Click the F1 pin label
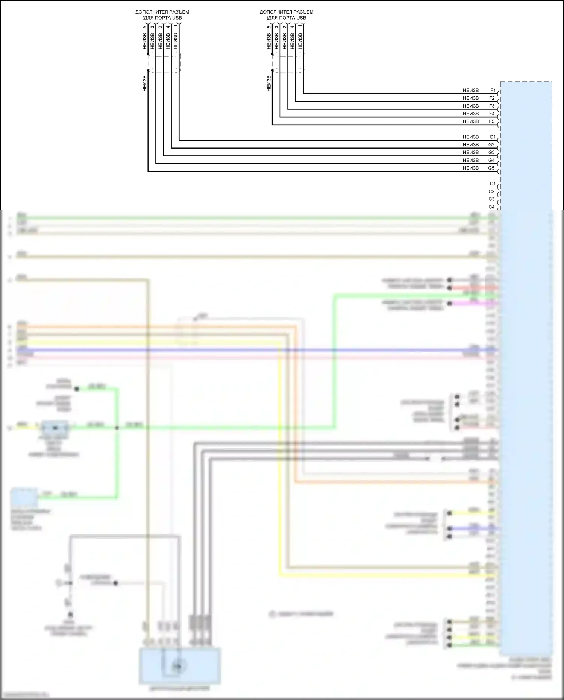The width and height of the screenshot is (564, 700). coord(493,91)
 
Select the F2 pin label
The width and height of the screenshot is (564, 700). coord(492,98)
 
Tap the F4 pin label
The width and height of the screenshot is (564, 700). coord(492,114)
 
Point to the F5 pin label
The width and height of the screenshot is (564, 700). coord(492,121)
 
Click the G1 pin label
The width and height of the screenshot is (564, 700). coord(493,137)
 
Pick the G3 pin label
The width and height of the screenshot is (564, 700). coord(491,152)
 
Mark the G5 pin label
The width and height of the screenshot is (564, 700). coord(491,168)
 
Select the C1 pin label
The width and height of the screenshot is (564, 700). coord(493,184)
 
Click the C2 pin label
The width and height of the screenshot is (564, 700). coord(491,191)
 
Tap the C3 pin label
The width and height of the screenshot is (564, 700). coord(491,199)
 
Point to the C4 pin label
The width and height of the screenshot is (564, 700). coord(491,207)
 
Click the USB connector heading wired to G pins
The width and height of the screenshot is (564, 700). coord(162,15)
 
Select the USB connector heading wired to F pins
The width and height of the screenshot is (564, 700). coord(286,15)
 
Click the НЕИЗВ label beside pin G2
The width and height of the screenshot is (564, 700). coord(470,145)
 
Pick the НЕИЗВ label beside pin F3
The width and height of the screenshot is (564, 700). coord(470,106)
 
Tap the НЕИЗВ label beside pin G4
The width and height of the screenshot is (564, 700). coord(470,160)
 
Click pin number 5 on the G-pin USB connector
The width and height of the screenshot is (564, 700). coord(145,27)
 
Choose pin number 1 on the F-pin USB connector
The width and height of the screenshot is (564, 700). coord(300,27)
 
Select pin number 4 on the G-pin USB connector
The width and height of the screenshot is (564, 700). coord(168,27)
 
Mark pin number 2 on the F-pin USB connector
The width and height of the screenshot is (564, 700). coord(285,27)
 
